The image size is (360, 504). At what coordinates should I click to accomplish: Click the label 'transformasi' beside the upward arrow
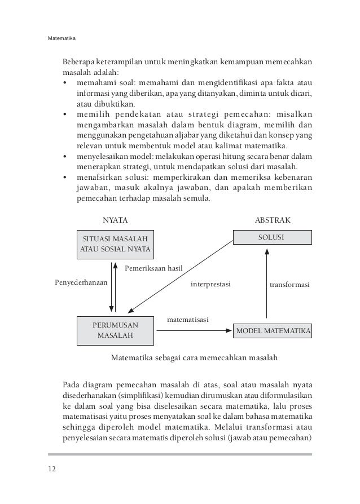coord(290,285)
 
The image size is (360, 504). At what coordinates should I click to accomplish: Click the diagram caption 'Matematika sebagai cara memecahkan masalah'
coord(195,357)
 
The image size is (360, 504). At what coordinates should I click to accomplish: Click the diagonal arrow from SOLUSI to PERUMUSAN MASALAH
coord(181,275)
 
